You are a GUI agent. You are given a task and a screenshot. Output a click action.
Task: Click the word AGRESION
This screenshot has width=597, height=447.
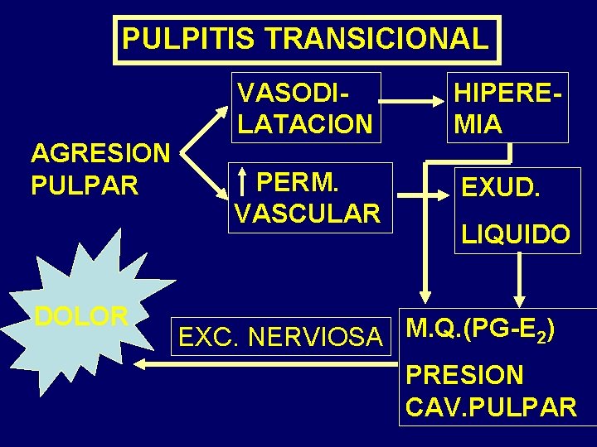100,153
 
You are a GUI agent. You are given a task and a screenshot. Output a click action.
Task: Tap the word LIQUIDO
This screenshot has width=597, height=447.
515,235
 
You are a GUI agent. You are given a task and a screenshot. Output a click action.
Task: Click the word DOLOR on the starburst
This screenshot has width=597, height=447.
81,315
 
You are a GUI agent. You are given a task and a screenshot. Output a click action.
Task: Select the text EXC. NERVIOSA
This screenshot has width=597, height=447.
281,337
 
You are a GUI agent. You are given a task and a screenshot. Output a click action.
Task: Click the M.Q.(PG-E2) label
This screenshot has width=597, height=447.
480,329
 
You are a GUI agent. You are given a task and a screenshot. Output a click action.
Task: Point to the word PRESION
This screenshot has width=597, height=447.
464,375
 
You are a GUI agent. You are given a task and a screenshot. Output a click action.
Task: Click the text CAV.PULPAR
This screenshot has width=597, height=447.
491,407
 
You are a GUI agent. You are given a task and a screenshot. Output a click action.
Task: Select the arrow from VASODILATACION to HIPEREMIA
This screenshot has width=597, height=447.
415,103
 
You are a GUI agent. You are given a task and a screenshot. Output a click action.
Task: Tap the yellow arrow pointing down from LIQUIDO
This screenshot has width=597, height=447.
520,281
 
